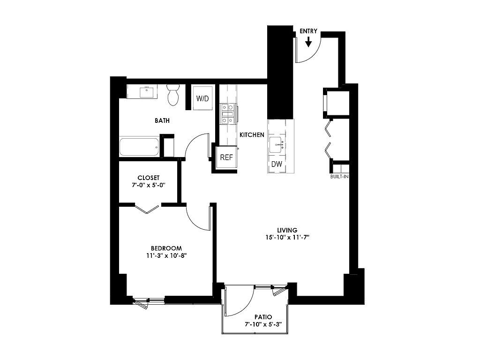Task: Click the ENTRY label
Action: pos(308,31)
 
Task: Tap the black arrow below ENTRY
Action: pos(308,42)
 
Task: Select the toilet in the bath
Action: pos(173,95)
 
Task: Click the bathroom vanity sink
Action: pos(147,92)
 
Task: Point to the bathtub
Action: pos(139,147)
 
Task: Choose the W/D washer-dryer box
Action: pos(202,98)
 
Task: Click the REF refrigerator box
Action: pos(226,157)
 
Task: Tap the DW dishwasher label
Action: pos(277,164)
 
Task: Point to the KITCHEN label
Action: pos(252,135)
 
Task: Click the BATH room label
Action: pos(162,120)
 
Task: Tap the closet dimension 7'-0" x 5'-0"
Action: pos(149,185)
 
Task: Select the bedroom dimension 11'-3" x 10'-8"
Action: pos(166,255)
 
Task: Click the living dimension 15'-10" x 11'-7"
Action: pos(287,237)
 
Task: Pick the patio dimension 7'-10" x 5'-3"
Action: pos(263,324)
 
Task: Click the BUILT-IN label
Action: pos(339,177)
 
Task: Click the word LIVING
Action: pos(287,230)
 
